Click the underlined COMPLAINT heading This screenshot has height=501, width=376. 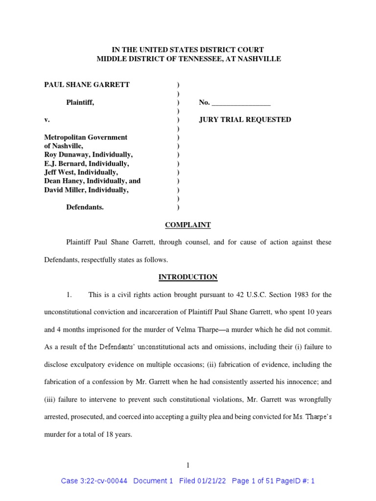pos(188,225)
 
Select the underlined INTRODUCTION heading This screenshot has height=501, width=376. pos(188,277)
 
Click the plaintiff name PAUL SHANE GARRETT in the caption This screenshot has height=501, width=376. pos(87,85)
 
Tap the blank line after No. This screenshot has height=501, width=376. pos(241,102)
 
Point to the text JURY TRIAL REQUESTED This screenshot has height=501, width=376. pos(245,120)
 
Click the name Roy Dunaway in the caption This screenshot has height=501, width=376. pos(65,155)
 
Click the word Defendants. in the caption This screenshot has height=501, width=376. pos(85,207)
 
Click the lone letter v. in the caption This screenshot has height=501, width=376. pos(47,120)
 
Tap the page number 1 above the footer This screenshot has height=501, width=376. pos(188,465)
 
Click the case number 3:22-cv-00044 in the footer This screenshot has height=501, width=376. pos(102,481)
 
